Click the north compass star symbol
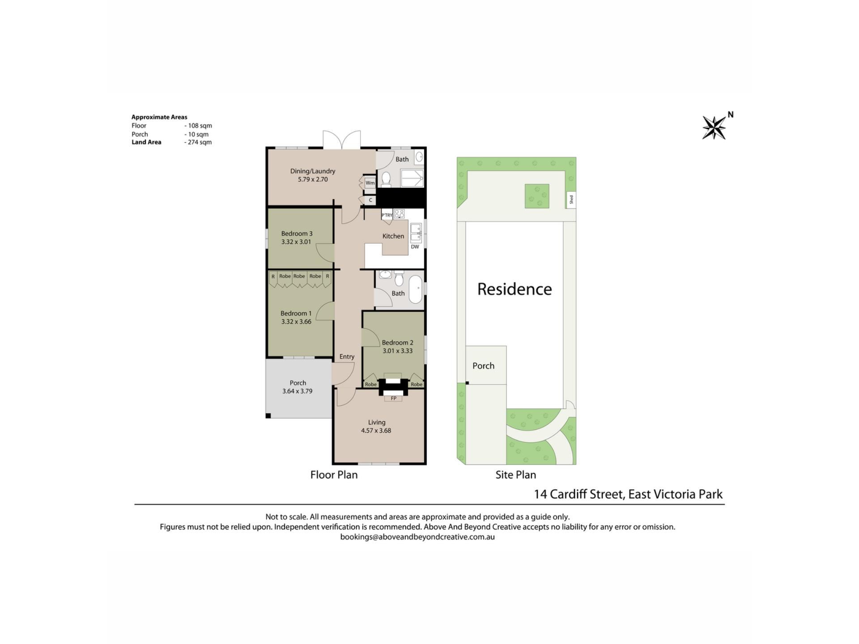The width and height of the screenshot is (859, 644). [x=714, y=127]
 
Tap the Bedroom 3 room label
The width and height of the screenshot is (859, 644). [x=297, y=233]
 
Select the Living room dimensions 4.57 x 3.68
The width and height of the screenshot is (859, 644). [x=376, y=431]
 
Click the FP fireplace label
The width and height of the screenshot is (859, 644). [x=394, y=398]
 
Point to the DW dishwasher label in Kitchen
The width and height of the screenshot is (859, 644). [x=415, y=247]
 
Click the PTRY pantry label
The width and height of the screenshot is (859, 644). [x=387, y=215]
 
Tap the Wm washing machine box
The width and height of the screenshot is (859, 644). [x=370, y=183]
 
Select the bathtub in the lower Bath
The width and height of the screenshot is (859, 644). [x=416, y=289]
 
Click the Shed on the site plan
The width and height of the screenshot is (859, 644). [x=571, y=199]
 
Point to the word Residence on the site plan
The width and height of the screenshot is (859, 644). [x=515, y=289]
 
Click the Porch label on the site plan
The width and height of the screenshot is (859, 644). [x=483, y=366]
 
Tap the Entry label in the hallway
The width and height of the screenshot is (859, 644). [x=347, y=357]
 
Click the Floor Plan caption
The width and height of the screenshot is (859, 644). [x=334, y=475]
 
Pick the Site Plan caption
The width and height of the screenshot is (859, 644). [x=515, y=475]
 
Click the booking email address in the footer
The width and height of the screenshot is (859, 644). [x=417, y=537]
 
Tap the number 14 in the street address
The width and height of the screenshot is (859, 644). [x=540, y=494]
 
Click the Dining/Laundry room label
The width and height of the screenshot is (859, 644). [x=312, y=171]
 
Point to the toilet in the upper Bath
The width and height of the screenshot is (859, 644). [x=386, y=180]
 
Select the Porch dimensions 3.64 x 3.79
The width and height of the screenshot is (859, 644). [x=297, y=391]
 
